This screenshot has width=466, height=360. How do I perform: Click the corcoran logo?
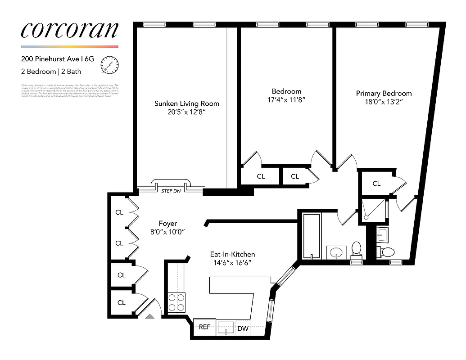click(70, 30)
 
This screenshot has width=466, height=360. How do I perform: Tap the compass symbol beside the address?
click(109, 65)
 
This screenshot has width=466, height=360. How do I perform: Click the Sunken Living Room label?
click(186, 103)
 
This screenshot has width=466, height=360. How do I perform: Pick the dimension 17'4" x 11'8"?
click(286, 100)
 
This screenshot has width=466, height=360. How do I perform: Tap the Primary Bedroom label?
click(384, 94)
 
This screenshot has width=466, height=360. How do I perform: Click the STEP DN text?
click(171, 191)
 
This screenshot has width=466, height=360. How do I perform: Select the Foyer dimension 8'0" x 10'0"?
click(167, 232)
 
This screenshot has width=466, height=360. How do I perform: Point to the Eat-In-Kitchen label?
click(232, 254)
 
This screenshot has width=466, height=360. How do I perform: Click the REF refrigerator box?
click(204, 327)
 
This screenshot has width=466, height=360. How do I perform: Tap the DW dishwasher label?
click(243, 328)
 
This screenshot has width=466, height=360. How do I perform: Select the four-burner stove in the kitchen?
click(176, 302)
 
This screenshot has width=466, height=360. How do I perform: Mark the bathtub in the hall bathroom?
click(312, 236)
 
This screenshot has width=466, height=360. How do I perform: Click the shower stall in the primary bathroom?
click(373, 210)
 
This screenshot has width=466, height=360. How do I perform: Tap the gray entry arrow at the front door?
click(149, 316)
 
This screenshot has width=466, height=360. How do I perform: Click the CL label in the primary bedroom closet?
click(376, 184)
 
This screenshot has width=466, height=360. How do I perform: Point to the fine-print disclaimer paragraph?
click(70, 90)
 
